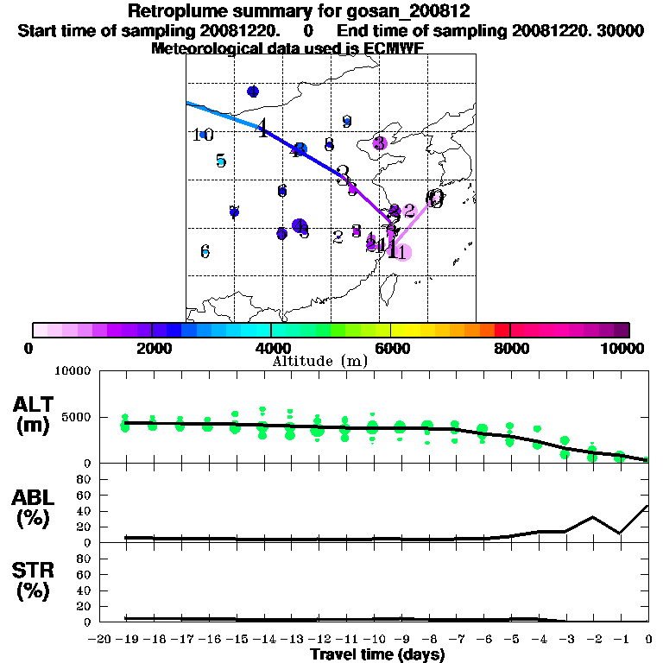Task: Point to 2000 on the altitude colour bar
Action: pyautogui.click(x=152, y=349)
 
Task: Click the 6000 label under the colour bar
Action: pyautogui.click(x=390, y=349)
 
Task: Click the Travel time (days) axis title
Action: pyautogui.click(x=377, y=655)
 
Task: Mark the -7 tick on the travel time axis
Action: pyautogui.click(x=456, y=640)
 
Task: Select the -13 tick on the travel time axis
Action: pyautogui.click(x=291, y=640)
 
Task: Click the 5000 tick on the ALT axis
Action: pyautogui.click(x=79, y=418)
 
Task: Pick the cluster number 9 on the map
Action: pyautogui.click(x=346, y=122)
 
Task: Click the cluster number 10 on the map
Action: pyautogui.click(x=202, y=135)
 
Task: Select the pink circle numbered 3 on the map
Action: pyautogui.click(x=380, y=142)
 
